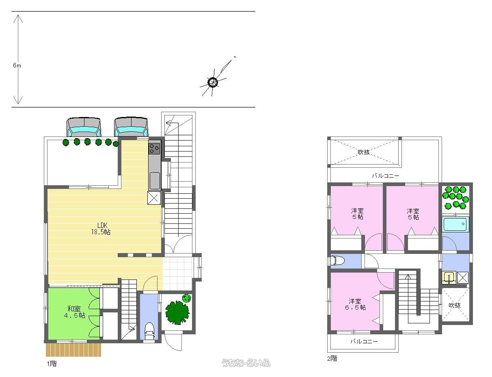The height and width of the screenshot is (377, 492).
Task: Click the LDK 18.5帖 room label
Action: point(101,228)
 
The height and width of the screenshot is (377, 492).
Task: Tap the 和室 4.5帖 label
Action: point(74,312)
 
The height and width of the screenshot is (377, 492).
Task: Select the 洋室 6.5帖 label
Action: point(355,304)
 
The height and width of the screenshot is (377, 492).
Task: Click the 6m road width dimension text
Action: point(17,65)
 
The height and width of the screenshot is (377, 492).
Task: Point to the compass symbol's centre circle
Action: point(213,82)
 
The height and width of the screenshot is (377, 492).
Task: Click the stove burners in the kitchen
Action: point(154,149)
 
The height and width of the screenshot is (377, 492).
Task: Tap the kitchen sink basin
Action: point(155,180)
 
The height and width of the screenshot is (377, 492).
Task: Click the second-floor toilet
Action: point(337,260)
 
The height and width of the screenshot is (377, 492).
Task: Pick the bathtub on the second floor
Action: point(455,224)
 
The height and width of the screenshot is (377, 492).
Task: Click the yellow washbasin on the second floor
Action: point(449,278)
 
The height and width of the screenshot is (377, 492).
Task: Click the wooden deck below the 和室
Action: point(73,350)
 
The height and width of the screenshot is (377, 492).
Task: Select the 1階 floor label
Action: point(52,364)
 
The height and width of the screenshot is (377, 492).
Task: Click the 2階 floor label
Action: point(332,358)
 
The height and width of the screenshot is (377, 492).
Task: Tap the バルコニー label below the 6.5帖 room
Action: point(364,341)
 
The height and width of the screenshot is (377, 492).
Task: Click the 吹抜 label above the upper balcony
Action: point(364,152)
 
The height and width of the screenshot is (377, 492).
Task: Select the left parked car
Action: point(84,127)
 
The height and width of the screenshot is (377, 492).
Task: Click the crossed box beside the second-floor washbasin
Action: point(462,277)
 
